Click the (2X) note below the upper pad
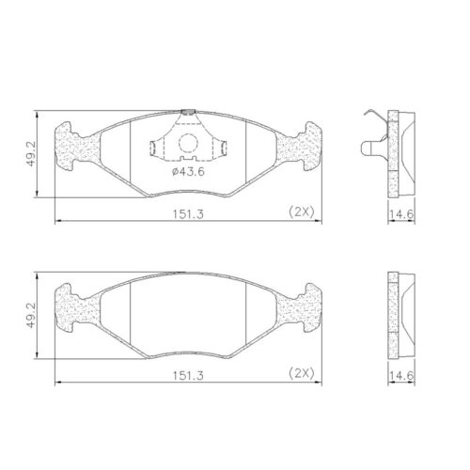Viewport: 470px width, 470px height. coord(301,212)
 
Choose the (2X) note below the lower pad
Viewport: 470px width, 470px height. coord(301,373)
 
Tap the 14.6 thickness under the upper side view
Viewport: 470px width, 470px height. coord(403,214)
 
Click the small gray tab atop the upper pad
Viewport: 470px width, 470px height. coord(188,111)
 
